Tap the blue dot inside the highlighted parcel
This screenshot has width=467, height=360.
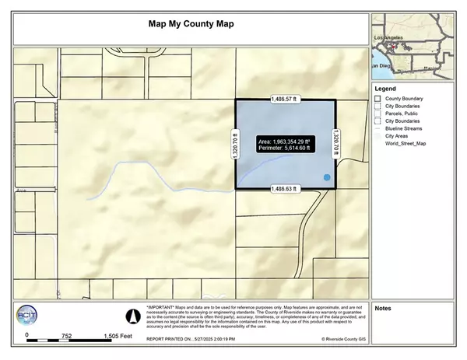pos(327,178)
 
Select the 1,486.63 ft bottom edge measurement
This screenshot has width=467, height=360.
pos(285,189)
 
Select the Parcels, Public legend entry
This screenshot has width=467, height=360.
pos(404,114)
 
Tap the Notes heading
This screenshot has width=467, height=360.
pos(383,308)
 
